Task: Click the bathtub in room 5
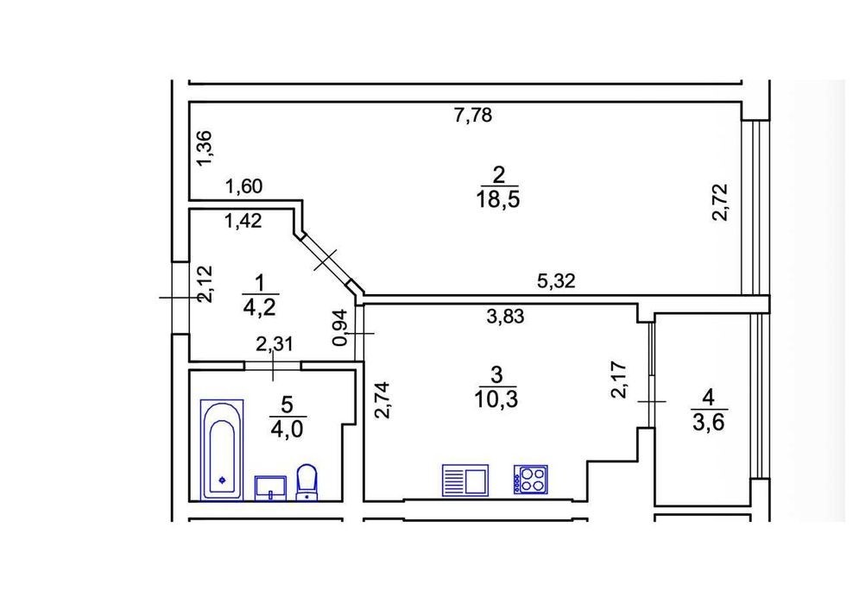pyautogui.click(x=221, y=449)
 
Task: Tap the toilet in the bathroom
pyautogui.click(x=307, y=481)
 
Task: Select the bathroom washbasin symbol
pyautogui.click(x=270, y=487)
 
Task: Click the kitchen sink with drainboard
pyautogui.click(x=465, y=480)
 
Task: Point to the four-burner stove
pyautogui.click(x=530, y=479)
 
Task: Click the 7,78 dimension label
pyautogui.click(x=473, y=116)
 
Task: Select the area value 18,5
pyautogui.click(x=498, y=199)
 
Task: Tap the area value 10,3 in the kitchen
pyautogui.click(x=496, y=399)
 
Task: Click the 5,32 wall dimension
pyautogui.click(x=556, y=281)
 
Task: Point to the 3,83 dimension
pyautogui.click(x=505, y=316)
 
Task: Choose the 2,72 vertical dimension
pyautogui.click(x=720, y=202)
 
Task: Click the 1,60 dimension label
pyautogui.click(x=244, y=187)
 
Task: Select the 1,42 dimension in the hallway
pyautogui.click(x=243, y=220)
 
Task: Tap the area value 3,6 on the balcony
pyautogui.click(x=709, y=422)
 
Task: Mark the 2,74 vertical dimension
pyautogui.click(x=383, y=399)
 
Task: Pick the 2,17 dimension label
pyautogui.click(x=620, y=380)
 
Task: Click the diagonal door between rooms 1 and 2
pyautogui.click(x=326, y=260)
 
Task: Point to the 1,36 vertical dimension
pyautogui.click(x=206, y=149)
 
